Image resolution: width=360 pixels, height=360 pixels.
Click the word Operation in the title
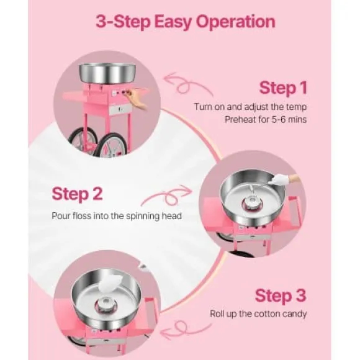(x=236, y=22)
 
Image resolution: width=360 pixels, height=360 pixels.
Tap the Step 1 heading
(x=283, y=88)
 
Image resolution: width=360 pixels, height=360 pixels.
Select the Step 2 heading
(x=77, y=194)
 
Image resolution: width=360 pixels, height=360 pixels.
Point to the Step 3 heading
(x=281, y=295)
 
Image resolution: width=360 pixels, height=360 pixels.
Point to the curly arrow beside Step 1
(x=187, y=84)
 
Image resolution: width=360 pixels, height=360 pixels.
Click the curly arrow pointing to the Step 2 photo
(x=167, y=196)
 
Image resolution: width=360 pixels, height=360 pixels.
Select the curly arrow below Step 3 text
(x=186, y=330)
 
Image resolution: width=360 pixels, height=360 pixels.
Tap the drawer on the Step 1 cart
(x=119, y=110)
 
